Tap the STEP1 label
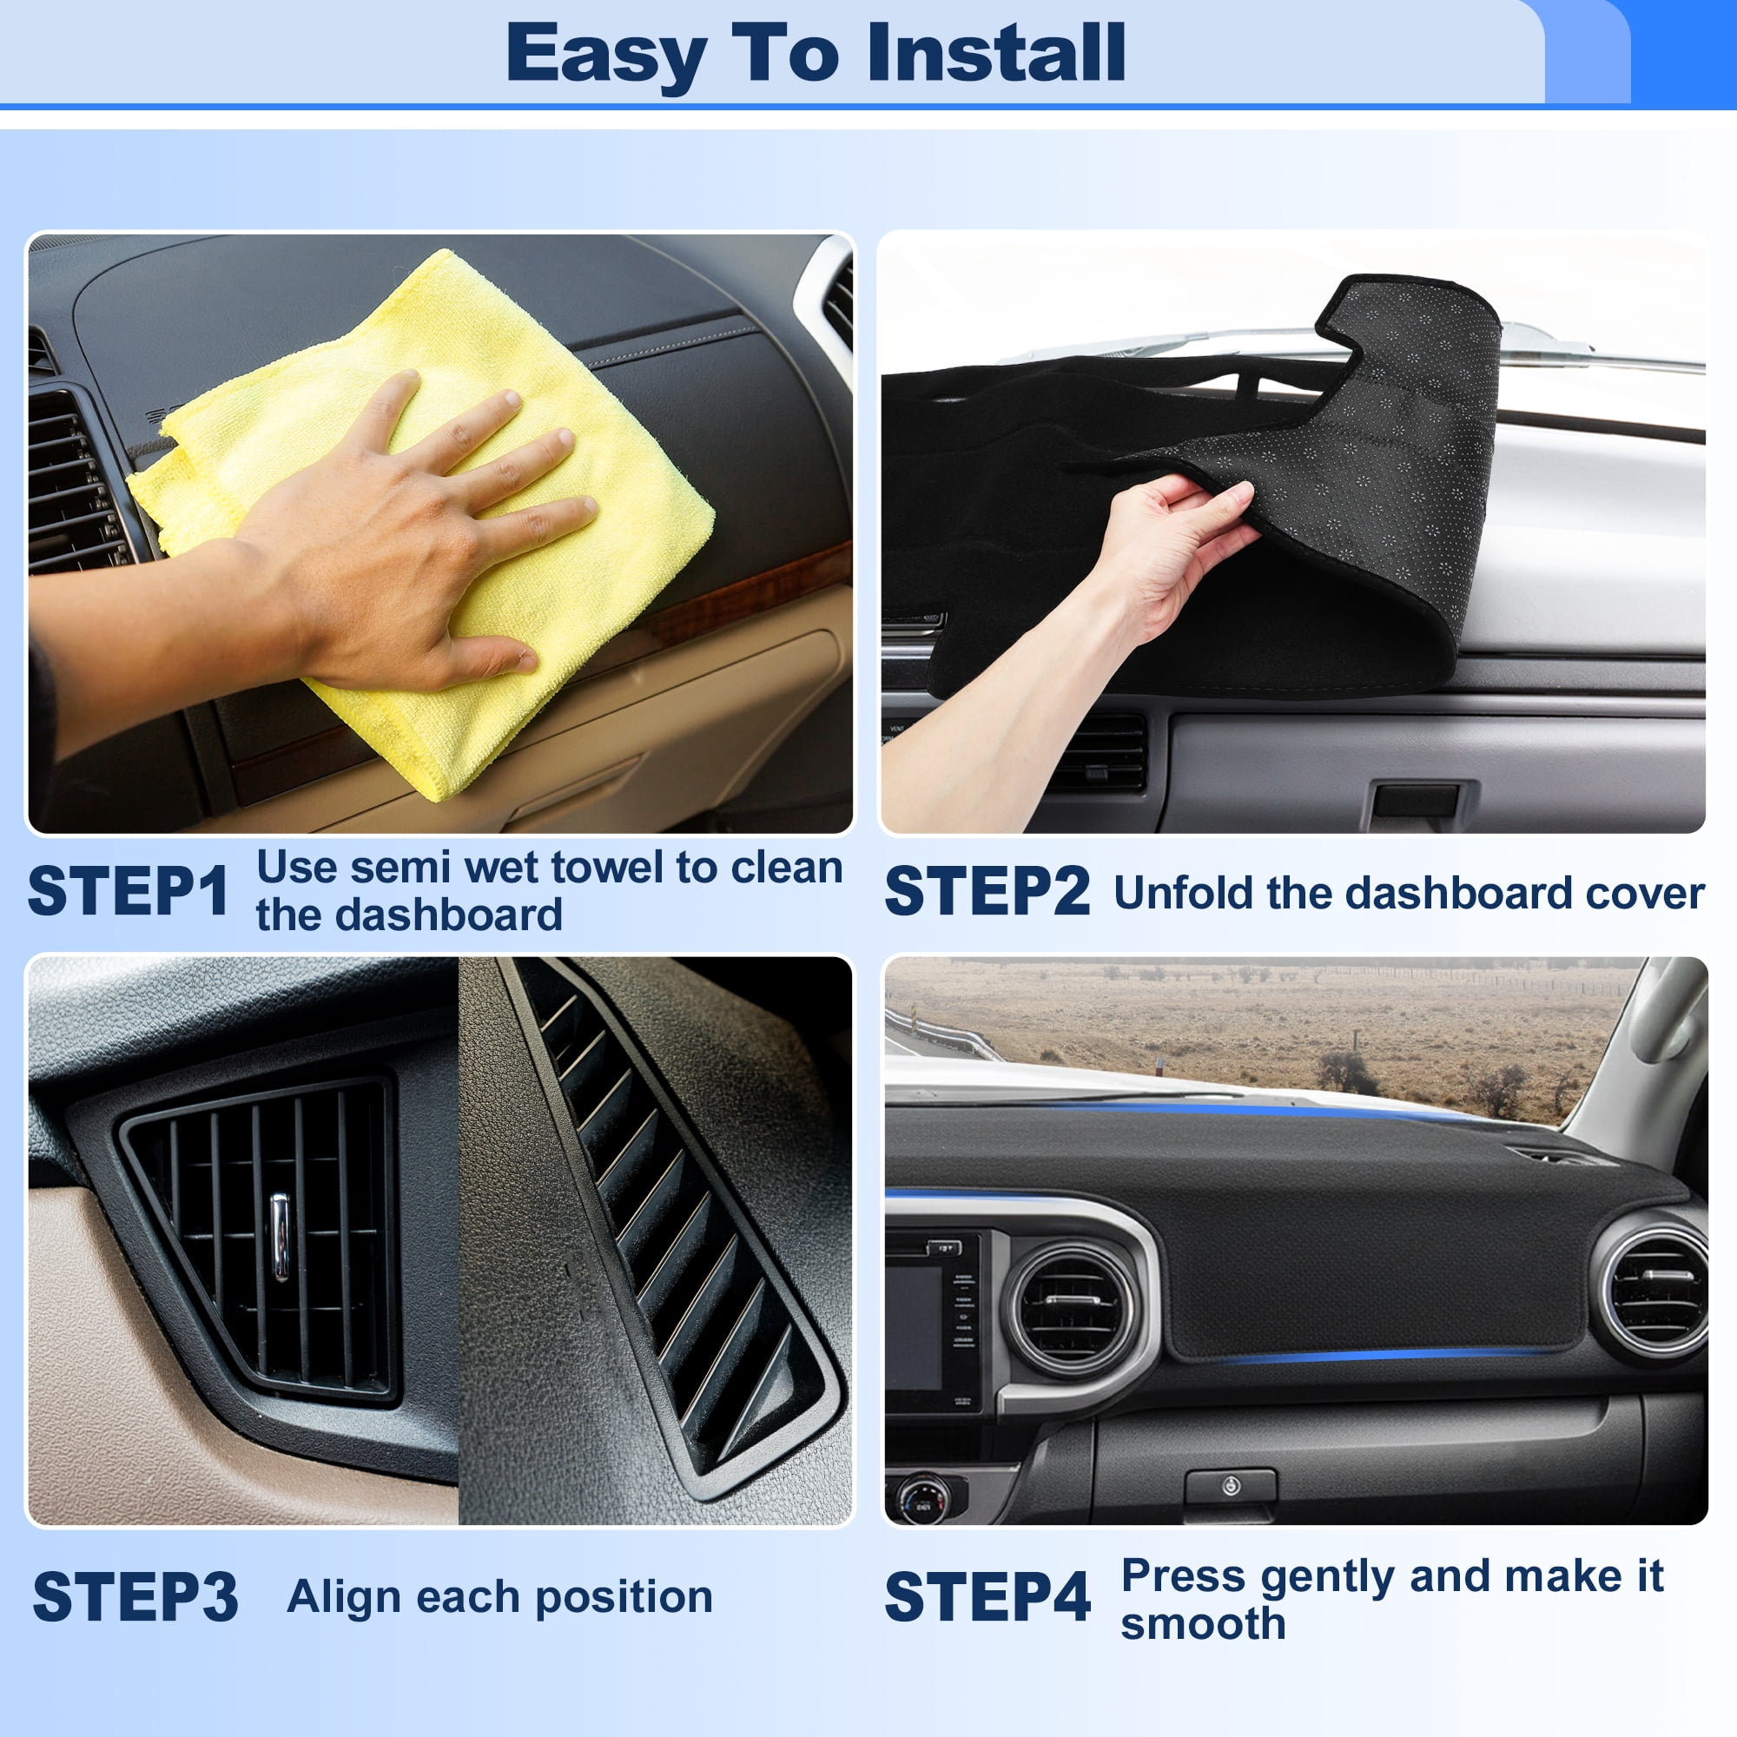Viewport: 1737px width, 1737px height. point(129,892)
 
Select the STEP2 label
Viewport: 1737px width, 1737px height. point(987,892)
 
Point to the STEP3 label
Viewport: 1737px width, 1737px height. point(135,1598)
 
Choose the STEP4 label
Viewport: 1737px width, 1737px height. point(987,1598)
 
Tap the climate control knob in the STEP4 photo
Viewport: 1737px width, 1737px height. point(921,1500)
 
